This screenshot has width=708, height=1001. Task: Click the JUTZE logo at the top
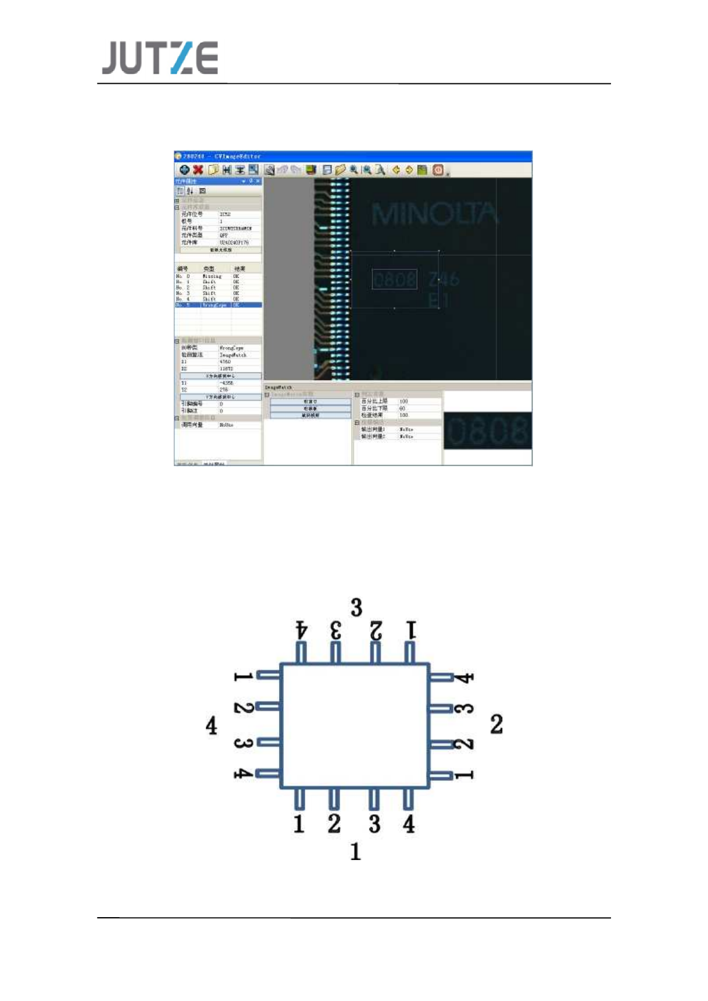pyautogui.click(x=159, y=58)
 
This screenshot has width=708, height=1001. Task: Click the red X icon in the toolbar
pyautogui.click(x=198, y=170)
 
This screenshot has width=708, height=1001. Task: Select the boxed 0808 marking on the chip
pyautogui.click(x=394, y=279)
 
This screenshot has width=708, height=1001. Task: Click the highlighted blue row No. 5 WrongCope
pyautogui.click(x=218, y=305)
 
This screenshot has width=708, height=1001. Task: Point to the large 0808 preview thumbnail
pyautogui.click(x=487, y=431)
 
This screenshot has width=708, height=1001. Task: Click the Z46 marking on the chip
pyautogui.click(x=444, y=278)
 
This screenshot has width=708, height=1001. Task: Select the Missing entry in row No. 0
pyautogui.click(x=212, y=277)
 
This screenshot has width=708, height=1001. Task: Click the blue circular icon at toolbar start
pyautogui.click(x=184, y=170)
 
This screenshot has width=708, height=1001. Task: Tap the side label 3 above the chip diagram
pyautogui.click(x=356, y=608)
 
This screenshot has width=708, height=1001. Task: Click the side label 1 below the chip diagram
pyautogui.click(x=355, y=852)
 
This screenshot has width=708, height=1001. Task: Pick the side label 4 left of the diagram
pyautogui.click(x=211, y=726)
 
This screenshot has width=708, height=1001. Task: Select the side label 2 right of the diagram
pyautogui.click(x=496, y=724)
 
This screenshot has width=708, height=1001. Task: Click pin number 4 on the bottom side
pyautogui.click(x=409, y=824)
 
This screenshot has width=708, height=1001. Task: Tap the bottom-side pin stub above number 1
pyautogui.click(x=299, y=799)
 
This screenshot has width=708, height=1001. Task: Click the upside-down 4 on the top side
pyautogui.click(x=302, y=630)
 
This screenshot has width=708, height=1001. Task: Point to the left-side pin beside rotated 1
pyautogui.click(x=268, y=675)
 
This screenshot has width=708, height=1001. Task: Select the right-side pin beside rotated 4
pyautogui.click(x=441, y=677)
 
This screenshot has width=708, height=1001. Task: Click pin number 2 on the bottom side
pyautogui.click(x=334, y=824)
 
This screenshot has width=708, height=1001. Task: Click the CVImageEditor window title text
pyautogui.click(x=237, y=156)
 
